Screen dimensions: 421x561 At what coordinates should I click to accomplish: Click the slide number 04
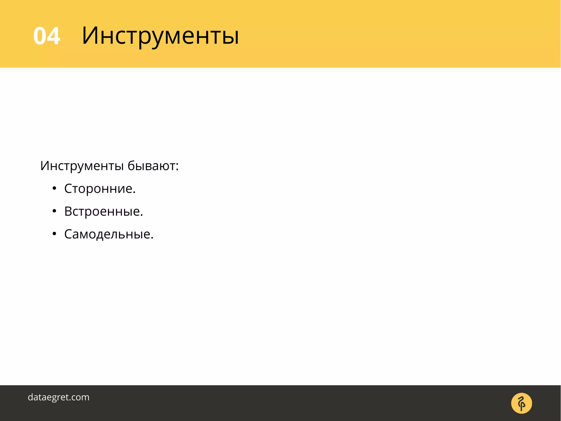click(47, 36)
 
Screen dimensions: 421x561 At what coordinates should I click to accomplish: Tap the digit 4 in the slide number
click(54, 36)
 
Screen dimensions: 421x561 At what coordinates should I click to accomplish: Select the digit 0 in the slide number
click(40, 36)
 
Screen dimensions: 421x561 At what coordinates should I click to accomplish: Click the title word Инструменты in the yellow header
click(160, 36)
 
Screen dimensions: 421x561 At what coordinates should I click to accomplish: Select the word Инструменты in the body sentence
click(82, 166)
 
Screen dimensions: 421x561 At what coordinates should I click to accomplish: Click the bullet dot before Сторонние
click(54, 188)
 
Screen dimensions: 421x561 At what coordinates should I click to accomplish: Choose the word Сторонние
click(98, 189)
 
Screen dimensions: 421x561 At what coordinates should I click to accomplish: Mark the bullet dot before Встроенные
click(54, 211)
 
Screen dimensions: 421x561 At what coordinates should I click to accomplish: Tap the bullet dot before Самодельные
click(54, 234)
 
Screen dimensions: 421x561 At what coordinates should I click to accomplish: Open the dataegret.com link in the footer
click(59, 397)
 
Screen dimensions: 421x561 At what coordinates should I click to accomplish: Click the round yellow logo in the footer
click(522, 403)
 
